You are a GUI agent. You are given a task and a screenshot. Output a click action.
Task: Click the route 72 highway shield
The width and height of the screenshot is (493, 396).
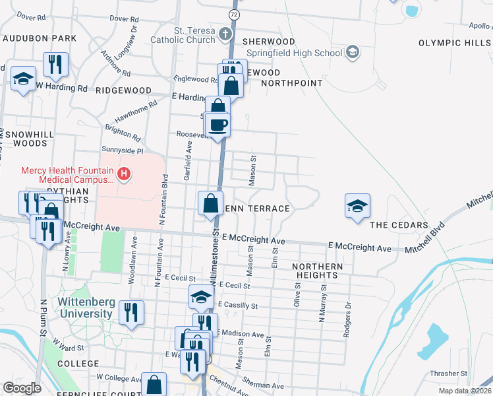(234, 13)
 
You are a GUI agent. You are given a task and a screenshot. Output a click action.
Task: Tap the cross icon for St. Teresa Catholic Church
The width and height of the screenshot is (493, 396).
(225, 34)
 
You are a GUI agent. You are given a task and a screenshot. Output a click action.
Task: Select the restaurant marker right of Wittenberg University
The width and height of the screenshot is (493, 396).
(132, 312)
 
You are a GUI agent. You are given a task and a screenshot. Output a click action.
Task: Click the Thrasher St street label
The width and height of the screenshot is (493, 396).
(448, 374)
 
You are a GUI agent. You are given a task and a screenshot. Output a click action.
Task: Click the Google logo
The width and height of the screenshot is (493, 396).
(22, 388)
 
